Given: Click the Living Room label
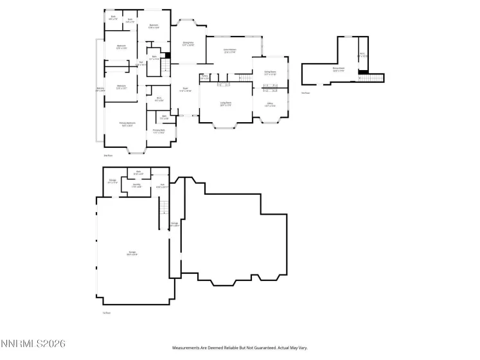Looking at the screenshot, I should tap(226, 104).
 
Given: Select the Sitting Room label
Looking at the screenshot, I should tap(270, 73).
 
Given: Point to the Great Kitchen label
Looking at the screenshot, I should tap(229, 51).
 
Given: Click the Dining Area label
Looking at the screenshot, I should tap(188, 44).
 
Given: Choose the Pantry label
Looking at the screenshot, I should tap(204, 76).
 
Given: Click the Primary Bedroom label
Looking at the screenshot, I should tap(127, 124).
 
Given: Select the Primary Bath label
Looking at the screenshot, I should tap(159, 131).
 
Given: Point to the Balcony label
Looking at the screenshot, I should tap(100, 89).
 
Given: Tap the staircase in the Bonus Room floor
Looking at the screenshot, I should tap(370, 78).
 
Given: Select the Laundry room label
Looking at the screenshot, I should tap(137, 185).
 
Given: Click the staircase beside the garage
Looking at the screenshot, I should tap(164, 207).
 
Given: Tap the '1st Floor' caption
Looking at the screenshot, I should tap(107, 312).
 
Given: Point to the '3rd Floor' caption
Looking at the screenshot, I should tap(305, 93).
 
